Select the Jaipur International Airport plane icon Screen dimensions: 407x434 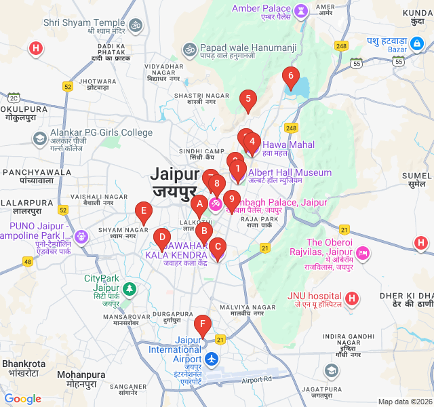click(212, 358)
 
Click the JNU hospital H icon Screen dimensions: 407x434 click(351, 298)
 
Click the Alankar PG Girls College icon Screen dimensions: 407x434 click(40, 139)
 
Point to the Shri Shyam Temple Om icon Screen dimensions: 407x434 click(136, 25)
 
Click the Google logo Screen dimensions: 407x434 click(23, 399)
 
